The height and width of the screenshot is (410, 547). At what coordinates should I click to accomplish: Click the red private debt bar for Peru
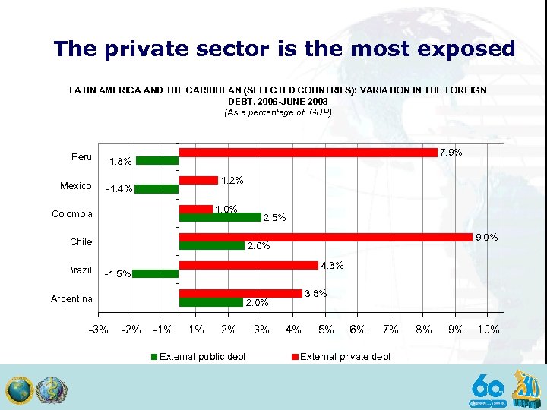click(308, 153)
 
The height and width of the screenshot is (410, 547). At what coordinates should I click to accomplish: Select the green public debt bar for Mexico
click(157, 189)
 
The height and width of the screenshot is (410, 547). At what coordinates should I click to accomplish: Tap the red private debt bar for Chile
click(325, 237)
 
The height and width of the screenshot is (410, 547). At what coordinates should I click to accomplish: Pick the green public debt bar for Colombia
click(220, 217)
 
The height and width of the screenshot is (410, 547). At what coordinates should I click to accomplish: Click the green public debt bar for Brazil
click(156, 273)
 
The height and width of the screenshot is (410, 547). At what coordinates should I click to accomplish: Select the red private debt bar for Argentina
click(240, 293)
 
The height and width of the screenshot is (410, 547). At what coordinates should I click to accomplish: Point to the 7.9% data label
click(451, 153)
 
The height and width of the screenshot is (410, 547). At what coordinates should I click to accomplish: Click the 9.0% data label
click(486, 238)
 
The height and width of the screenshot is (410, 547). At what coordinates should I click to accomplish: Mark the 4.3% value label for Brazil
click(333, 266)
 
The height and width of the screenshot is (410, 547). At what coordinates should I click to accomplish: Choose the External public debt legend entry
click(198, 356)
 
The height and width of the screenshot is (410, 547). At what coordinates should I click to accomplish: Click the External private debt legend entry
click(341, 356)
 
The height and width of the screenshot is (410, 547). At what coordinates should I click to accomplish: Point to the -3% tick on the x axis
click(99, 330)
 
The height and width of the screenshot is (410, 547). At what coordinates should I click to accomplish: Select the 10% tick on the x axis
click(488, 330)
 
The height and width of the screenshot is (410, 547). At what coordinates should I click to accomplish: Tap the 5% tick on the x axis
click(326, 330)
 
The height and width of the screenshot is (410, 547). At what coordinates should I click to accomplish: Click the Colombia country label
click(72, 214)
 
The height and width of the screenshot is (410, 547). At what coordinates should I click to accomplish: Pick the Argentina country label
click(71, 299)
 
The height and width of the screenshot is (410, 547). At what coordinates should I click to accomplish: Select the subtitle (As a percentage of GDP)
click(278, 112)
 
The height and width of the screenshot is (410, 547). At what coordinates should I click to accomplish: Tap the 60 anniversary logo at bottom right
click(487, 388)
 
